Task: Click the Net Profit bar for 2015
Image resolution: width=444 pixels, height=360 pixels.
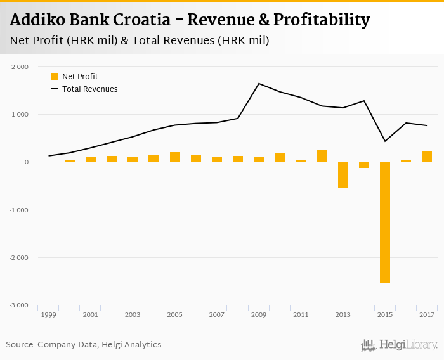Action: [x=385, y=222]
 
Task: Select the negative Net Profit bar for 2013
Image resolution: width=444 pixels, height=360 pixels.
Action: [x=343, y=175]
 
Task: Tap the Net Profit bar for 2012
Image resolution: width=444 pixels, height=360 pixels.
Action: [x=322, y=156]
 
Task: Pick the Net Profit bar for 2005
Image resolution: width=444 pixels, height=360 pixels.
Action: [x=175, y=157]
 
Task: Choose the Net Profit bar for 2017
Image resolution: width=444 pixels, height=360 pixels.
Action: [x=427, y=157]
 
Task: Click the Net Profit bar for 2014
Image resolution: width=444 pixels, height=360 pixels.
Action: [x=364, y=165]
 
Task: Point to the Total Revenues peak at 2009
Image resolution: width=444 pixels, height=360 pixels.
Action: [x=259, y=84]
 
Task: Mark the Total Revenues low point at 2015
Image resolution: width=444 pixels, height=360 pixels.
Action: [x=385, y=141]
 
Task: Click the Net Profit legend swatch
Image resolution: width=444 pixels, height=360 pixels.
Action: [x=55, y=77]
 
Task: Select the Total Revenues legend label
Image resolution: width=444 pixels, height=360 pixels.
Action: [x=89, y=89]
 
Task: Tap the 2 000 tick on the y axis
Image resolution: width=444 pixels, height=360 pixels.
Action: [x=20, y=67]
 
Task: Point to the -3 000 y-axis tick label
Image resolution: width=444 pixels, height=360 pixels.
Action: [x=18, y=305]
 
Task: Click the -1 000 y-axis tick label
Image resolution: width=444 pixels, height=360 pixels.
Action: [x=18, y=210]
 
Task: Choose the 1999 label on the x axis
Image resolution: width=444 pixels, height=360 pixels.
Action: [x=48, y=314]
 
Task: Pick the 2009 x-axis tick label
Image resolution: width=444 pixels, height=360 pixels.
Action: [x=259, y=314]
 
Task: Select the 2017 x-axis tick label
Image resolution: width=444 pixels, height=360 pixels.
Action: [x=427, y=314]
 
